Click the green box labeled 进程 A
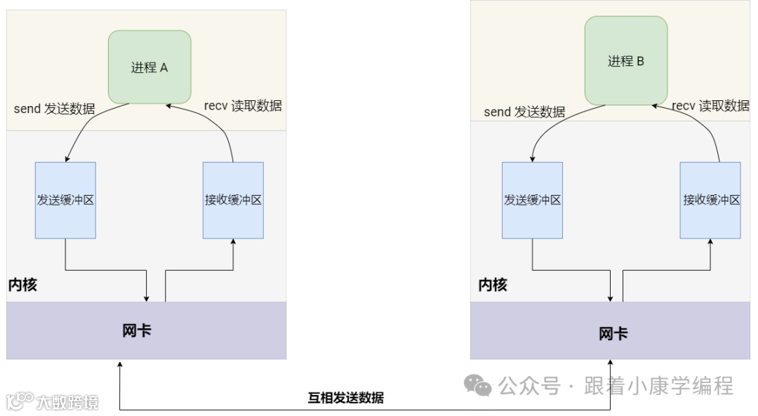[x=149, y=67]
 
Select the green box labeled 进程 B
[x=626, y=61]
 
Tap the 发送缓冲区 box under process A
[x=65, y=200]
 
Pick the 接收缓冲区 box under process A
[x=233, y=200]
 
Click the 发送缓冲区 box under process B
[x=532, y=200]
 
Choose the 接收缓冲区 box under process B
[x=710, y=200]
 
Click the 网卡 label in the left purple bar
[x=136, y=330]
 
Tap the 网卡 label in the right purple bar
[x=613, y=334]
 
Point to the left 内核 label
[x=22, y=285]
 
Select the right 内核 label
[x=493, y=285]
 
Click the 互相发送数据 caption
[x=346, y=398]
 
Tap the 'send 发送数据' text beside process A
[x=54, y=109]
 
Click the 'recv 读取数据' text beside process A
[x=243, y=106]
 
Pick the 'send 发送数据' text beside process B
[x=524, y=112]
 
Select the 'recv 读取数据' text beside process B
[x=710, y=106]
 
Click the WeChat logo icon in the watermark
[x=480, y=385]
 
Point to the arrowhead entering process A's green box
[x=169, y=105]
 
